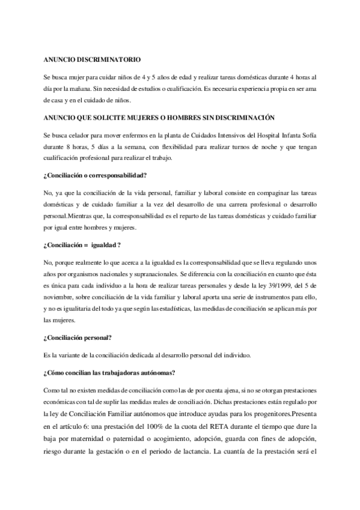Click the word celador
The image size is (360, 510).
click(x=79, y=135)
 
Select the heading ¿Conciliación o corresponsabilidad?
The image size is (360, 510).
click(x=95, y=176)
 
